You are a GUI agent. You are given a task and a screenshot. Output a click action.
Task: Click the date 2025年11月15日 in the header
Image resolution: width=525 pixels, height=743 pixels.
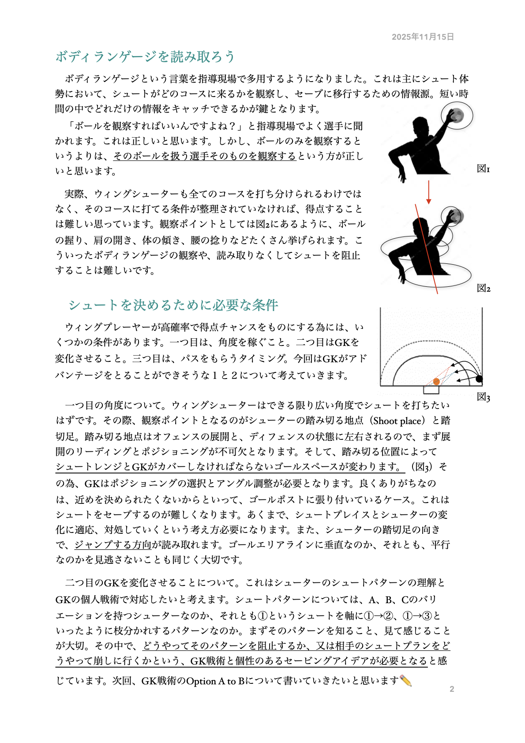(423, 37)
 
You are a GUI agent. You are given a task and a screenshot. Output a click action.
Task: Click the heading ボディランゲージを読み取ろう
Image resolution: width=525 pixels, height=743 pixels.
(145, 57)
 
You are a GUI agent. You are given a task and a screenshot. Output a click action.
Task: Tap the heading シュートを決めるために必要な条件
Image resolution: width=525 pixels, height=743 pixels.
(173, 305)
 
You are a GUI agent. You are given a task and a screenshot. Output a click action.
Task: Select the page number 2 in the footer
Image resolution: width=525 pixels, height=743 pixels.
(452, 689)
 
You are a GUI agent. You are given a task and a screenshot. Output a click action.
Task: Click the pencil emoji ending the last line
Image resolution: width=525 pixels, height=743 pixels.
(405, 681)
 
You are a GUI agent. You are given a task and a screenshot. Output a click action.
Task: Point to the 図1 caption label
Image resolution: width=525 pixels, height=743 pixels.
(483, 169)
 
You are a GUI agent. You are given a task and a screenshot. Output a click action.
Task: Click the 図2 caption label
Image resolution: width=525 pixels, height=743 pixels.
(483, 289)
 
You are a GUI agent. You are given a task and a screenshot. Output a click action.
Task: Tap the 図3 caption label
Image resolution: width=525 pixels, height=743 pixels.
(483, 397)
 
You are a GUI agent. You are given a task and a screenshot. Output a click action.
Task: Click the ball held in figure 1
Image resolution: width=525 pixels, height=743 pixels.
(457, 115)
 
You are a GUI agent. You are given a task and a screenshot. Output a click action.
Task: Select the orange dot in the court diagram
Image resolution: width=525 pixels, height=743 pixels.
(436, 381)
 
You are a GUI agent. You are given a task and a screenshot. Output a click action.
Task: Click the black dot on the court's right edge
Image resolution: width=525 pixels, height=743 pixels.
(479, 379)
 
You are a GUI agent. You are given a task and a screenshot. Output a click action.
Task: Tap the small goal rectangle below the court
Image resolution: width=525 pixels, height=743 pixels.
(431, 390)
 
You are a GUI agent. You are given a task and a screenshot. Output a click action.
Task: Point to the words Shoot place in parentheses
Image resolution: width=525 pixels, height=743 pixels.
(397, 421)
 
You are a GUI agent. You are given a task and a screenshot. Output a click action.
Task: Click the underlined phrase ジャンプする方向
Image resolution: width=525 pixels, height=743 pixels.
(113, 545)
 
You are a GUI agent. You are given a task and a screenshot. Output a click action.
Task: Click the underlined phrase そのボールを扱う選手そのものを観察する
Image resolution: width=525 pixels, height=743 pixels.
(205, 156)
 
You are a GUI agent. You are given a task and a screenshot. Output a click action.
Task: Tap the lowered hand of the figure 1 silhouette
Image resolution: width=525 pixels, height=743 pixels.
(402, 177)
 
